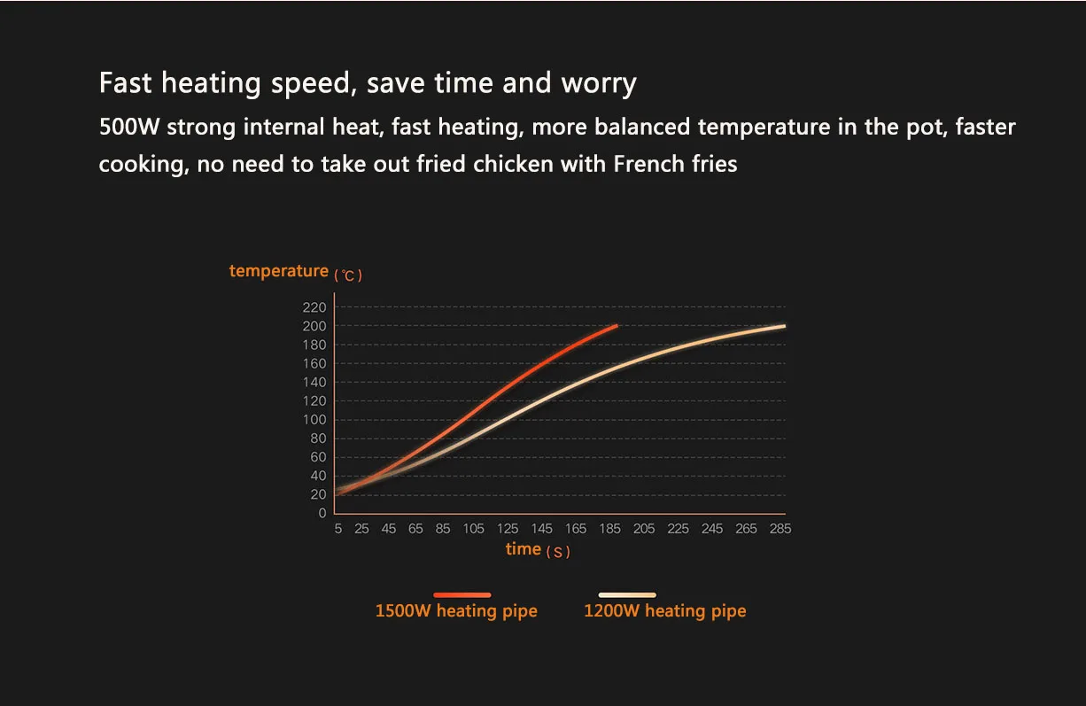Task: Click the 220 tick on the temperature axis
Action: tap(316, 307)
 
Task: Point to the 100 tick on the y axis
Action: tap(316, 420)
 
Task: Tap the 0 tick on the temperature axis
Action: tap(322, 514)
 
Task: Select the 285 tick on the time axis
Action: tap(780, 529)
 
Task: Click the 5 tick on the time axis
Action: tap(338, 529)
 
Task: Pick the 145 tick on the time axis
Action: tap(541, 529)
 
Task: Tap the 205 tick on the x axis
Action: tap(644, 529)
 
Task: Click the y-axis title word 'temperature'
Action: tap(278, 271)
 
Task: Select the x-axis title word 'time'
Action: tap(523, 549)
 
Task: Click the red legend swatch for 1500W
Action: tap(462, 595)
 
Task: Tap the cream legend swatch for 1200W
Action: tap(627, 595)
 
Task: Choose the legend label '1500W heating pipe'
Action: tap(456, 611)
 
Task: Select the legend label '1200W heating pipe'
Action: tap(664, 611)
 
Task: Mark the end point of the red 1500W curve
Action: tap(617, 326)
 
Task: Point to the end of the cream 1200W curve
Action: tap(784, 326)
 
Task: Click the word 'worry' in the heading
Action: tap(599, 83)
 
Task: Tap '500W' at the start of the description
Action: tap(129, 127)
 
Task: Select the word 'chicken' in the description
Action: tap(513, 164)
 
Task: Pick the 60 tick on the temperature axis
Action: tap(318, 457)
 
